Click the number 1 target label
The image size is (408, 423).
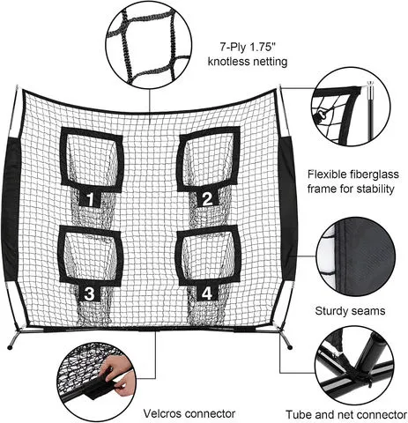91,198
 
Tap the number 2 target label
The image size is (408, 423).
207,198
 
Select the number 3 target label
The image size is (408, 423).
89,293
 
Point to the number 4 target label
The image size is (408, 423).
207,293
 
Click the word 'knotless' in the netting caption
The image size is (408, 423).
227,62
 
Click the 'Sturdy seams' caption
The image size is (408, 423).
350,311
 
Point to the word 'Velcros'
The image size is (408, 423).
162,413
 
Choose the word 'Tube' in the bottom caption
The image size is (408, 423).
298,415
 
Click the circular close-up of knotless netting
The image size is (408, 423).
149,45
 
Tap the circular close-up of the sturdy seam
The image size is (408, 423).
355,256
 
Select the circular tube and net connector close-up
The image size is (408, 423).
354,366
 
